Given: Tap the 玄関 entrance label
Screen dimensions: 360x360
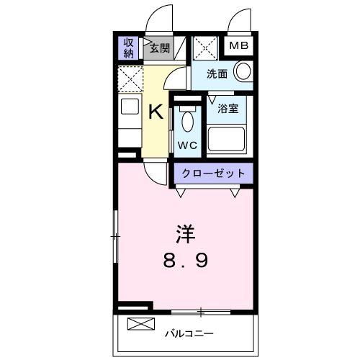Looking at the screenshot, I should coord(159,48).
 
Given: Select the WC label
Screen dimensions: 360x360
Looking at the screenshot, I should coord(187,144).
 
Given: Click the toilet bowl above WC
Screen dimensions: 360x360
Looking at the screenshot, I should coord(187,120).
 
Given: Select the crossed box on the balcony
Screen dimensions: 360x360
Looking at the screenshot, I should coord(140,324).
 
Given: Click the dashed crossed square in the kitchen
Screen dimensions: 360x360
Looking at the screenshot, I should coord(130,78).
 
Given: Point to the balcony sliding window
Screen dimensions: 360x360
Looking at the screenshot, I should coord(201,312).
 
